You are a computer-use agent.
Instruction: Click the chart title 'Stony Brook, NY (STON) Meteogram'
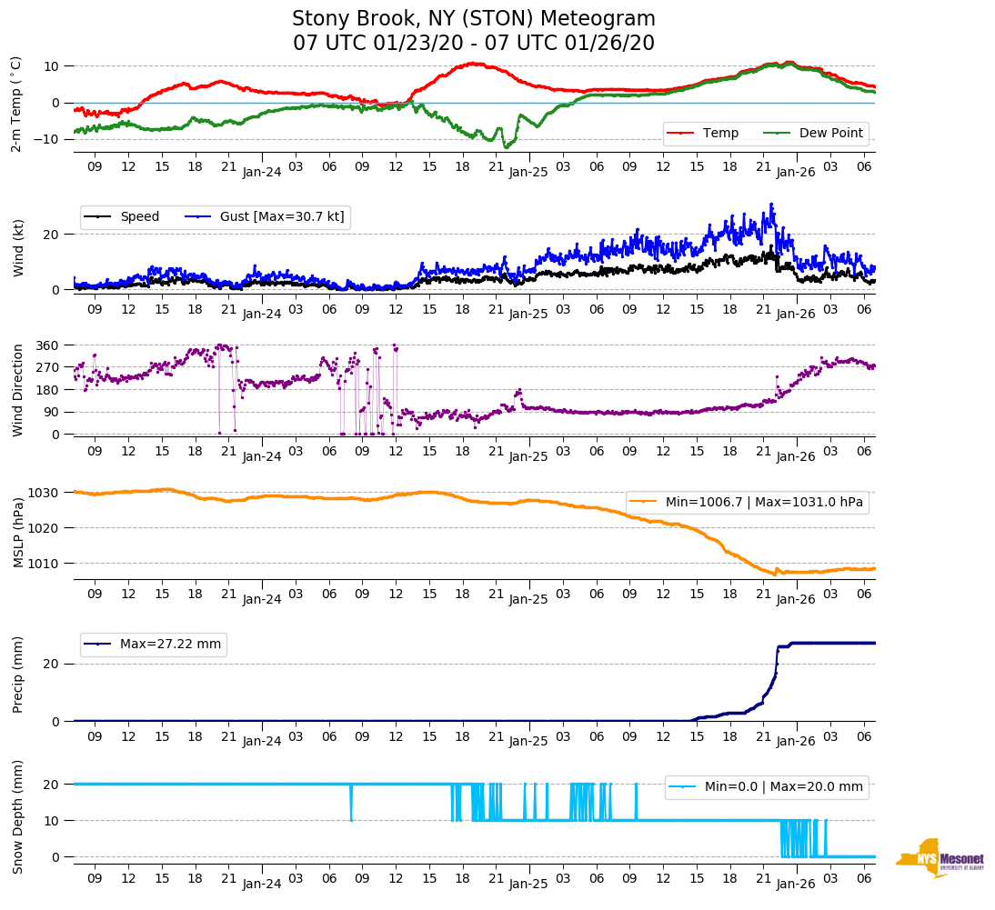473,19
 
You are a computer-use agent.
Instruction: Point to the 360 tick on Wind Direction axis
47,345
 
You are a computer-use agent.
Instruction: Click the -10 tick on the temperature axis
45,138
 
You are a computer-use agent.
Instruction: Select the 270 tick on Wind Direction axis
47,367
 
